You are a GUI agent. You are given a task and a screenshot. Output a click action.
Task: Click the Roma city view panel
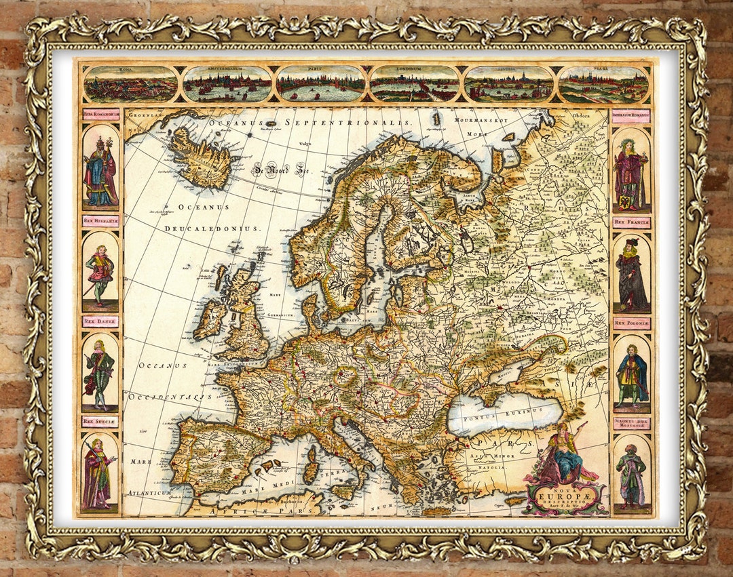pos(131,85)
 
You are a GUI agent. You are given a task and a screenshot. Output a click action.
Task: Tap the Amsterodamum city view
pos(227,85)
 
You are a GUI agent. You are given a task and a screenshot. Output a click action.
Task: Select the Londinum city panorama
pos(414,85)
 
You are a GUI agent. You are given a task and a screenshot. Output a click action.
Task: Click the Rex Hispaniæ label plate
pos(100,220)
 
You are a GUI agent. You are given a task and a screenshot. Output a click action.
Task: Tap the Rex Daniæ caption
pos(100,321)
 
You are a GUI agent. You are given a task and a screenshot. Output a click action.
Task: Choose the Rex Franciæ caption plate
pos(631,222)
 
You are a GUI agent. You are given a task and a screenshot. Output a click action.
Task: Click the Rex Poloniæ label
pos(631,323)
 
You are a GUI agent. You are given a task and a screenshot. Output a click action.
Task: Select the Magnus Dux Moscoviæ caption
pos(631,424)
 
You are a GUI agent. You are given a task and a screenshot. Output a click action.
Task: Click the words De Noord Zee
pos(280,170)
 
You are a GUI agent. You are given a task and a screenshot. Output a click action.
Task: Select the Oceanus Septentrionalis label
pos(310,122)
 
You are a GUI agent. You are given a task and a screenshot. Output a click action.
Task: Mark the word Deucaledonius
pos(212,228)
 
